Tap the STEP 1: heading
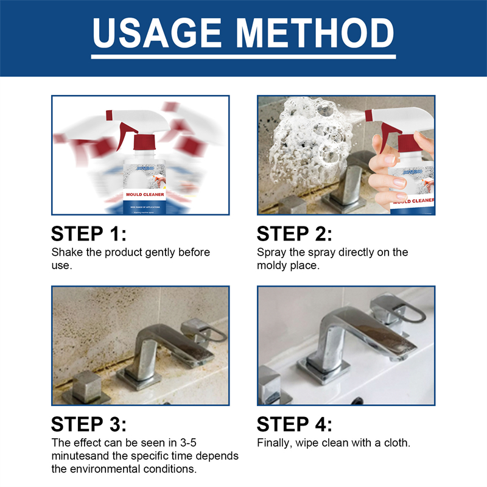(89, 234)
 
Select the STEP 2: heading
(295, 234)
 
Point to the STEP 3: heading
(89, 424)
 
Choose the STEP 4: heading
(295, 424)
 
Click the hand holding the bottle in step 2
(396, 164)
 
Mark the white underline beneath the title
(243, 57)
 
